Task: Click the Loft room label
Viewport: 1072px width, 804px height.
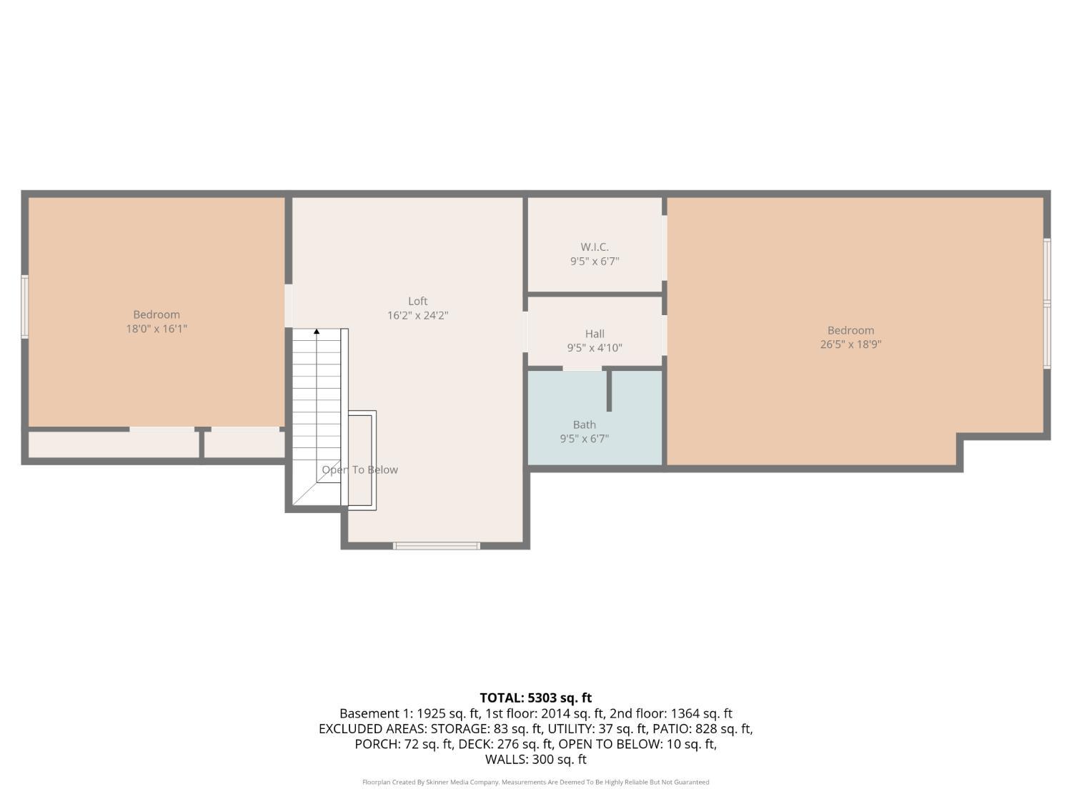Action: [417, 301]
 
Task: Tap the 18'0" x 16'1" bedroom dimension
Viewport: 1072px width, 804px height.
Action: [157, 329]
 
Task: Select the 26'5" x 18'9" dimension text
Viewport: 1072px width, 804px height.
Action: [850, 344]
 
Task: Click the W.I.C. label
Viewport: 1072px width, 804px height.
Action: [595, 247]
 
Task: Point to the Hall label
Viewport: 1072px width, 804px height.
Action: [595, 334]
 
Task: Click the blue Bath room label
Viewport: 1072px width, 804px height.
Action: [584, 425]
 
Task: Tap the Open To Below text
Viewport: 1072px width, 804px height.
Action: [359, 470]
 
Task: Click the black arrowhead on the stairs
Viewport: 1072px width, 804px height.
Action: [317, 332]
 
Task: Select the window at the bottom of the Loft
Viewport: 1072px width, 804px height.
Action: [436, 546]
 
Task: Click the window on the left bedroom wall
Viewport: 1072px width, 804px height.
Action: [25, 307]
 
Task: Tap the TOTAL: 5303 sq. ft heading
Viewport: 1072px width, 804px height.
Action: [535, 698]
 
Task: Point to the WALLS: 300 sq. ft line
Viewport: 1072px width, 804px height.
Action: [535, 759]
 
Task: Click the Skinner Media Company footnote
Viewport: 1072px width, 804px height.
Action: [535, 782]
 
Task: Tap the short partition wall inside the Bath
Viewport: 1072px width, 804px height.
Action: [609, 391]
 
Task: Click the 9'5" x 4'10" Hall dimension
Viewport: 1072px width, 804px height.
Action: [595, 348]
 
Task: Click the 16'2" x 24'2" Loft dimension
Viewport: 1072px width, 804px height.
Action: [417, 315]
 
